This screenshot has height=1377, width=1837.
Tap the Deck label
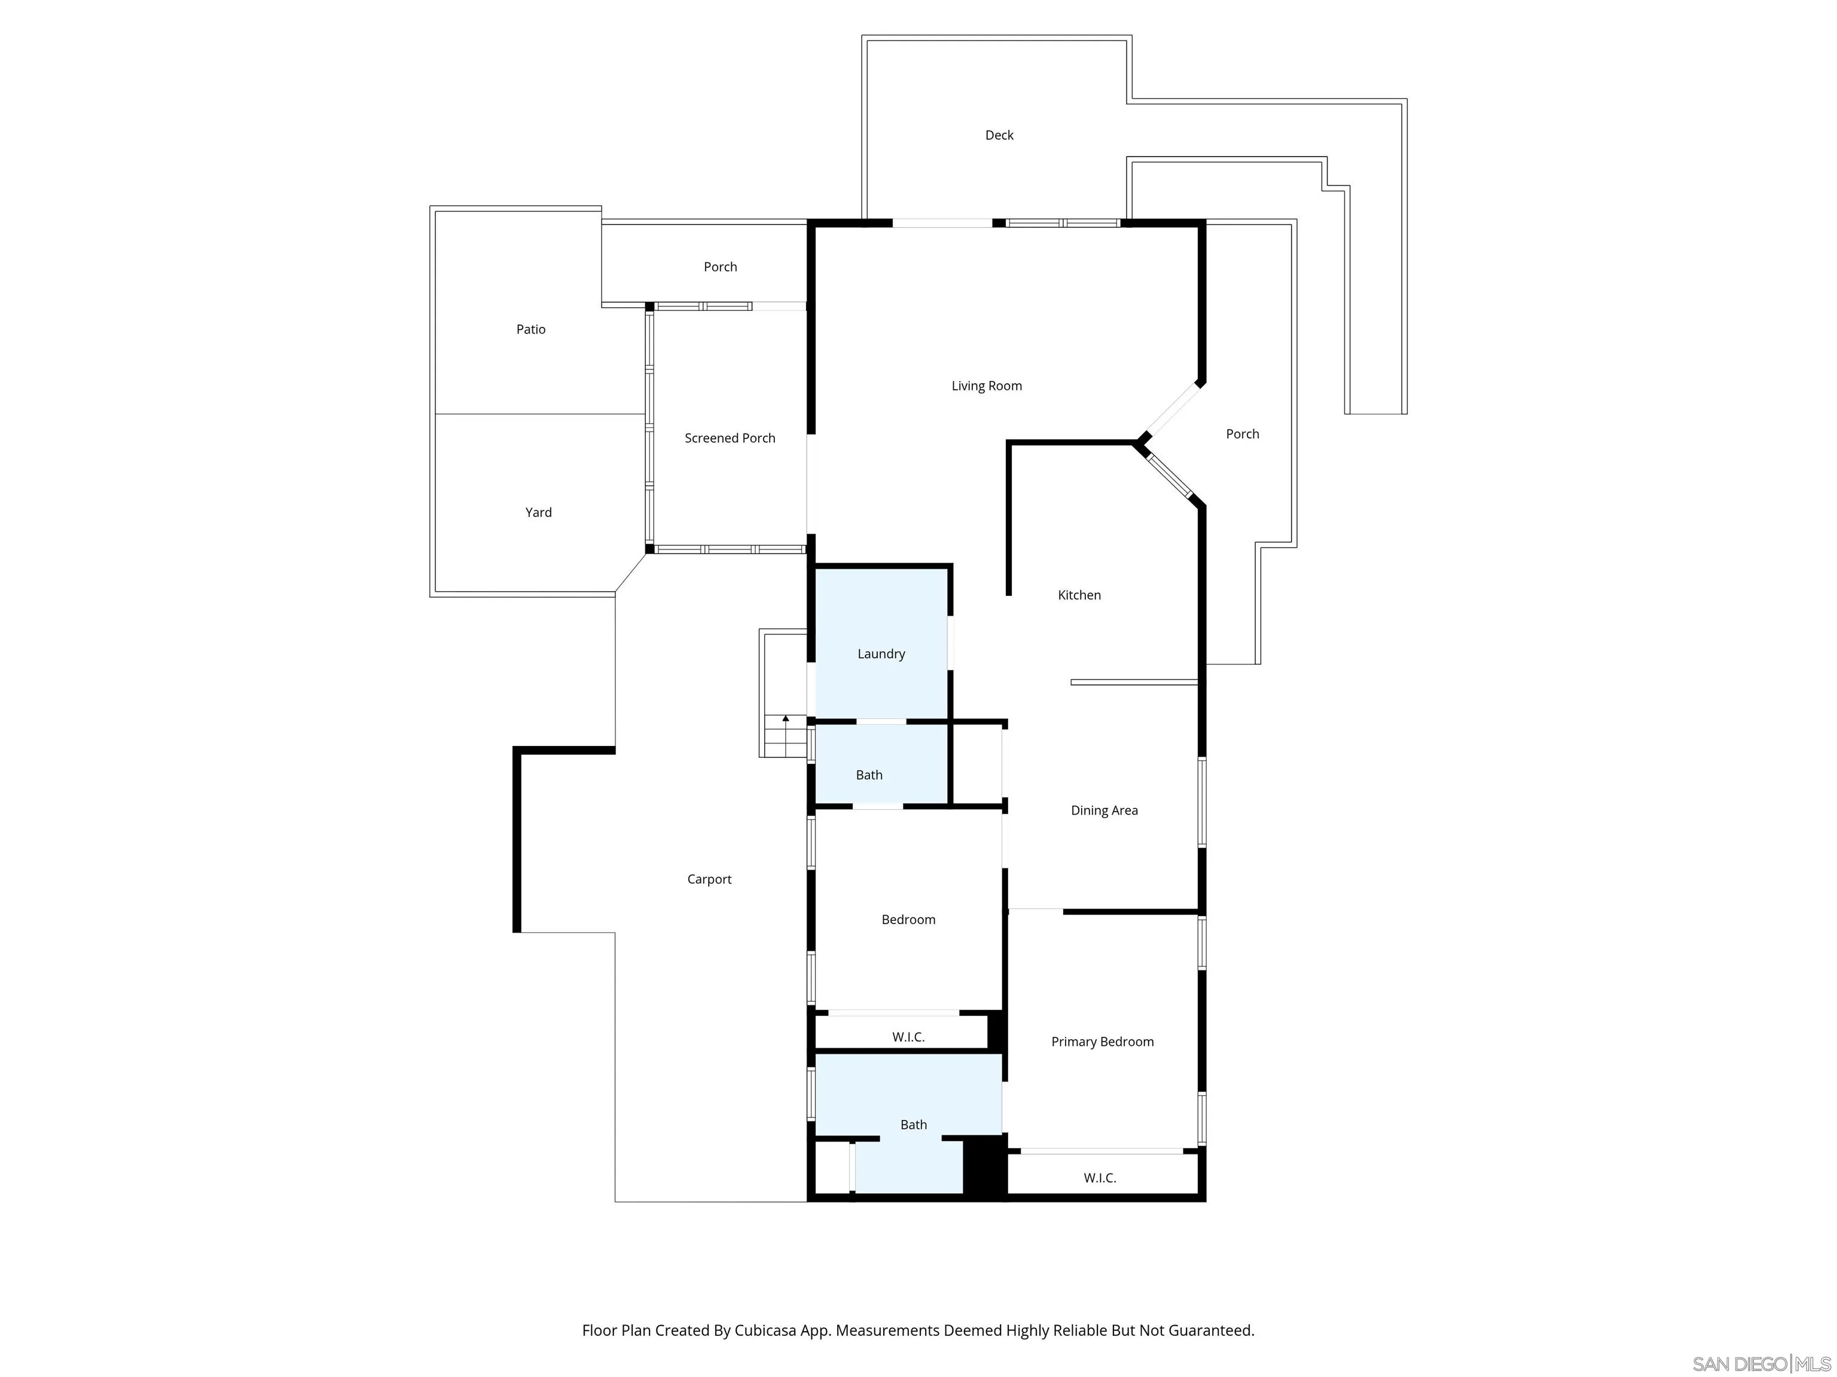(999, 135)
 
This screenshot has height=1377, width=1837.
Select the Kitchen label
(1079, 595)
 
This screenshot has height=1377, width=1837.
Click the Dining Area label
(1104, 810)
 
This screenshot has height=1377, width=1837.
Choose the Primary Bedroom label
(1102, 1042)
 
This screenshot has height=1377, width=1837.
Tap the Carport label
(709, 879)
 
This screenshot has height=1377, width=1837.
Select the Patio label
(530, 329)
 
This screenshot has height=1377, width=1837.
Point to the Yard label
(538, 512)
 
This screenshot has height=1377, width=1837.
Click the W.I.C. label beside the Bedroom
(908, 1037)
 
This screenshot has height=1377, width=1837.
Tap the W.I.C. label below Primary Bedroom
(1100, 1178)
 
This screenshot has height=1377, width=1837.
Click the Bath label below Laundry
(869, 775)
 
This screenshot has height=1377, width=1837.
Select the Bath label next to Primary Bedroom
(914, 1125)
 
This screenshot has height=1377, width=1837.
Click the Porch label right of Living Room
(1243, 434)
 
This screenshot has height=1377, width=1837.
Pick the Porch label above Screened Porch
(720, 267)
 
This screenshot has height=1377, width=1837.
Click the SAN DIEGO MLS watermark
(1760, 1364)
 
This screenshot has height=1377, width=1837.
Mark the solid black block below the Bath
(985, 1166)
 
